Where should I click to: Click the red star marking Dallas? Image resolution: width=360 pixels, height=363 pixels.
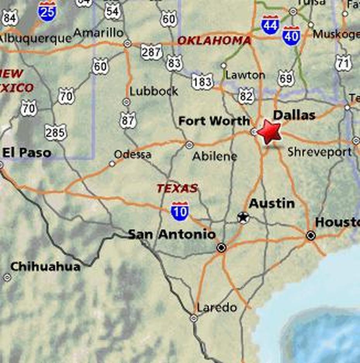click(269, 132)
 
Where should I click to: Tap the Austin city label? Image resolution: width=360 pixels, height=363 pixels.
click(272, 203)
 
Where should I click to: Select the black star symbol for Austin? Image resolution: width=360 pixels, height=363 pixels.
click(243, 218)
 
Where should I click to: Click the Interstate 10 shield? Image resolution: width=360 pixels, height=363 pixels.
click(180, 211)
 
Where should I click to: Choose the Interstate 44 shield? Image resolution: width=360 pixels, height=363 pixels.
click(270, 25)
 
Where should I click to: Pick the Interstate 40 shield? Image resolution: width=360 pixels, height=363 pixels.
click(291, 36)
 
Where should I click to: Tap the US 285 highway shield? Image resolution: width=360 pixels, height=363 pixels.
click(55, 133)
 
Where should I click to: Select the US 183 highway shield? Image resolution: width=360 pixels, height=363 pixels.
click(202, 82)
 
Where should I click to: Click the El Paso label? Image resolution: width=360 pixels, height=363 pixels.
click(27, 153)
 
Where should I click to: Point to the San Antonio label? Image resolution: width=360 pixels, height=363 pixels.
click(171, 234)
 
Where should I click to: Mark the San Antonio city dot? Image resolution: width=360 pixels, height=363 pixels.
click(221, 247)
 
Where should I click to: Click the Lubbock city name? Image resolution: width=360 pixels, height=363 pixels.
click(154, 92)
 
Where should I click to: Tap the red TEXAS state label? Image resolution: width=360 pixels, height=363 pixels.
click(177, 189)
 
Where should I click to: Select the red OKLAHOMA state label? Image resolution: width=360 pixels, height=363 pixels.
click(214, 41)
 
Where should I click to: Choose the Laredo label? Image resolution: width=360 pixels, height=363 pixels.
click(217, 308)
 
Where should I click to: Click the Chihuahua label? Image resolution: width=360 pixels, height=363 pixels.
click(45, 267)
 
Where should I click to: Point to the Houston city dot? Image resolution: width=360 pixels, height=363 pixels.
click(310, 235)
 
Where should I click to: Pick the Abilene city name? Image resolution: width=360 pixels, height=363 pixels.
click(214, 157)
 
